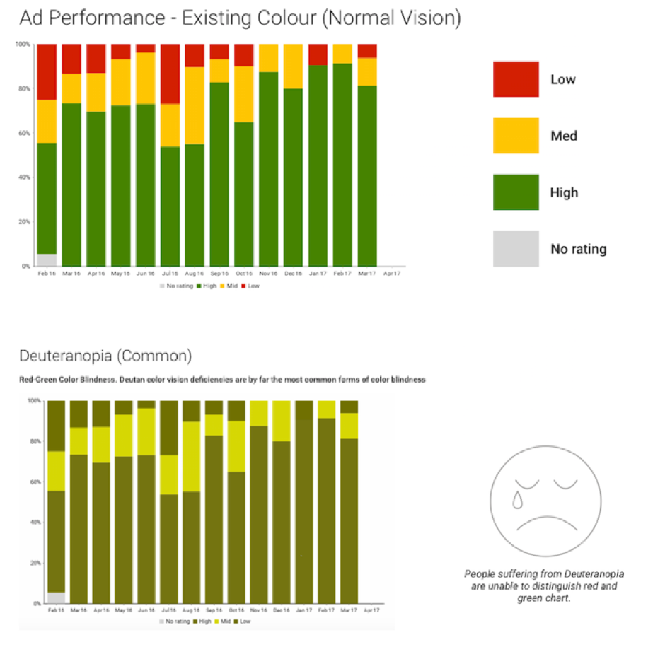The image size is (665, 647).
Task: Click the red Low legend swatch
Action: point(516,79)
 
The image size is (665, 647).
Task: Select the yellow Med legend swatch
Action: point(516,136)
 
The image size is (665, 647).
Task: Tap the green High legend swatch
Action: point(516,192)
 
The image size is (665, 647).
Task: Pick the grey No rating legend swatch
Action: point(516,249)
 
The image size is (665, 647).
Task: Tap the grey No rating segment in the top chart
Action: point(47,260)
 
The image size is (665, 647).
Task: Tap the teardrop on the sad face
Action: point(518,499)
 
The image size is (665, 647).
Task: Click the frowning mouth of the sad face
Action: point(544,524)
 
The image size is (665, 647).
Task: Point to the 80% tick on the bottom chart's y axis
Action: point(33,441)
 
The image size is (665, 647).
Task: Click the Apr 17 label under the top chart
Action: point(391,272)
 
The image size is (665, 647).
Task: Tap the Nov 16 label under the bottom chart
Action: point(259,610)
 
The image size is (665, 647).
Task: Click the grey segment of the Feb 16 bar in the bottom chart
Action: point(56,598)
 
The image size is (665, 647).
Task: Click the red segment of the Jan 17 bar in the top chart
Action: point(318,54)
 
